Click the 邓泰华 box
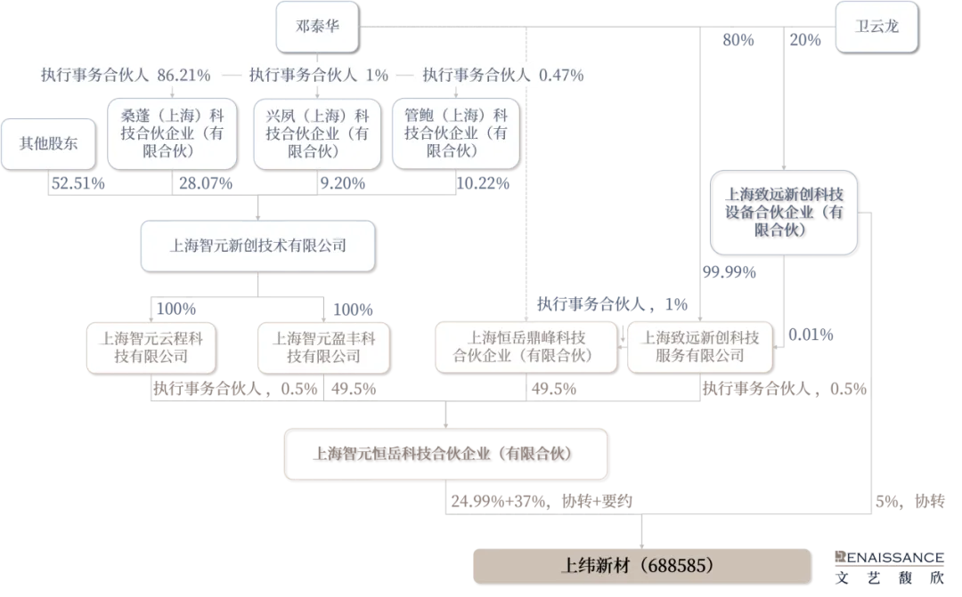coord(317,27)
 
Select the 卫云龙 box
coord(876,27)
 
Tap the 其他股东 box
coord(48,144)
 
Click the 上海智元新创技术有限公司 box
coord(257,246)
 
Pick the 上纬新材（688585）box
coord(641,566)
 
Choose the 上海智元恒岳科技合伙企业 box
coord(445,454)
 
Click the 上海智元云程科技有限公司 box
coord(151,348)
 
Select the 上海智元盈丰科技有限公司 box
coord(324,348)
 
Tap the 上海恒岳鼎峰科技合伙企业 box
coord(526,347)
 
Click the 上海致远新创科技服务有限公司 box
coord(700,347)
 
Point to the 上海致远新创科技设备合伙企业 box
coord(784,212)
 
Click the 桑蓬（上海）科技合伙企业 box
coord(172,133)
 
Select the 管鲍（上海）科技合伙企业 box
coord(455,133)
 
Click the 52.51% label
coord(77,183)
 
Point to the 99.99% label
coord(729,272)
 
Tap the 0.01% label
coord(811,335)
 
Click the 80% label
coord(738,40)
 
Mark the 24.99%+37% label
coord(499,502)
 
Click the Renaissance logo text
coord(889,558)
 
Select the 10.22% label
coord(483,183)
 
